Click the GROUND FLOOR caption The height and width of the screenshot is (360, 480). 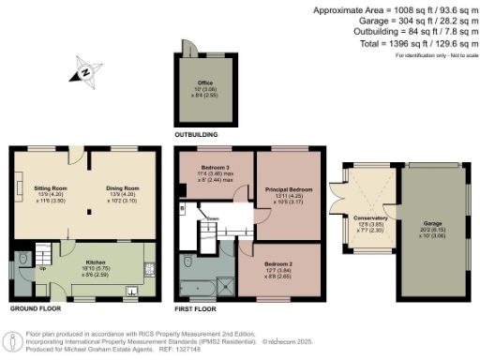(x=36, y=307)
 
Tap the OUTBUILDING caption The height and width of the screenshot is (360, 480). (x=202, y=135)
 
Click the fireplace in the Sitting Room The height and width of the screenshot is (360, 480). (x=18, y=181)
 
